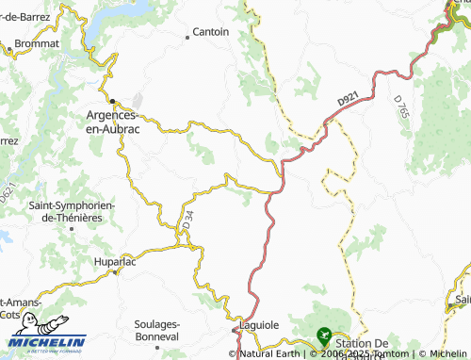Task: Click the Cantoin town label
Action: (211, 31)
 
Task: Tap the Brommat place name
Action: (39, 43)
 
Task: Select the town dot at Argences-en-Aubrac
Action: (111, 101)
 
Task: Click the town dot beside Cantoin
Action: (187, 37)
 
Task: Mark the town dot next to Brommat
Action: (8, 43)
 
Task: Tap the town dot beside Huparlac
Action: (117, 270)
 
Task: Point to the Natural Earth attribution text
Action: (268, 354)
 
